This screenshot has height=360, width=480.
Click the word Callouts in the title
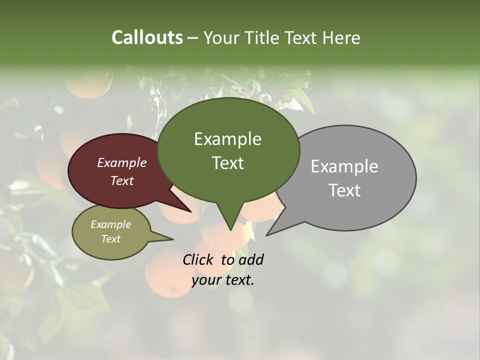pos(147,37)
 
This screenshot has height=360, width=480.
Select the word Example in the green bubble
pos(227,139)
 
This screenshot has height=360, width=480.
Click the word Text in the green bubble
pos(227,163)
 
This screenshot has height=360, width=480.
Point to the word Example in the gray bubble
pos(344,166)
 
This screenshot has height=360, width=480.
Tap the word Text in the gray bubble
pos(344,190)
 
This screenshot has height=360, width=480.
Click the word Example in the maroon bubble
pos(121,163)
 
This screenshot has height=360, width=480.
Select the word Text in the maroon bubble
pos(121,181)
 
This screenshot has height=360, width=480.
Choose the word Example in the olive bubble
pos(110,224)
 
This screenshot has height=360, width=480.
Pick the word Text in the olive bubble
pos(110,239)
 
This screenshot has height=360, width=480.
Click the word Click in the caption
pos(199,260)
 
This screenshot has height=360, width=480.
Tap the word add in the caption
pos(251,260)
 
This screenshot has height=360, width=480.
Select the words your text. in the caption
pos(223,280)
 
